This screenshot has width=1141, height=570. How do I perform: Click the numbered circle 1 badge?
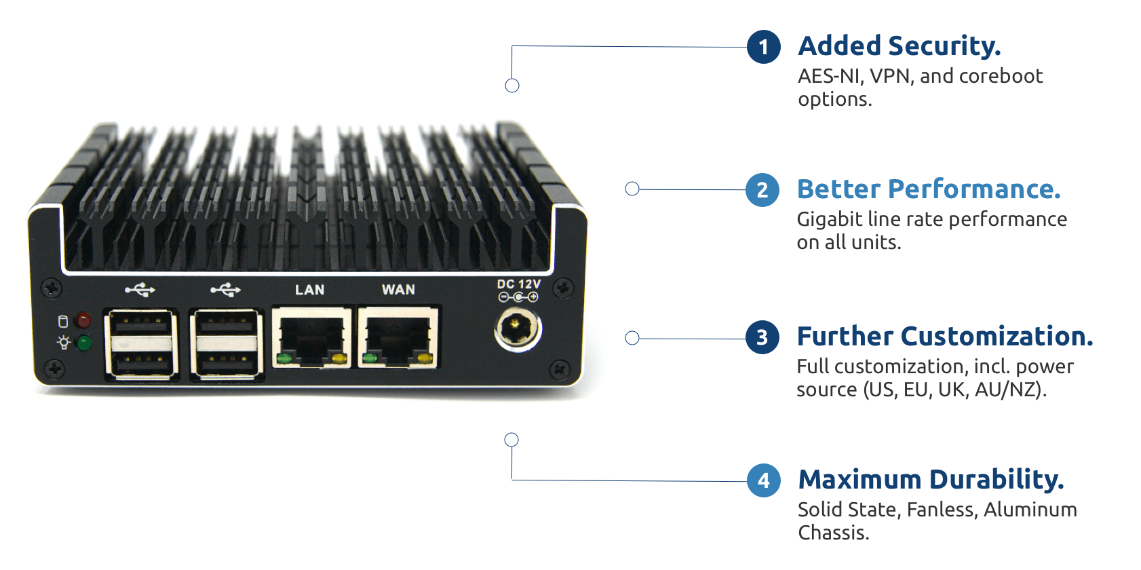pos(764,47)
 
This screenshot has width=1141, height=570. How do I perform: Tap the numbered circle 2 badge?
pos(762,190)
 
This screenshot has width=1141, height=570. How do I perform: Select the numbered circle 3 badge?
pos(762,337)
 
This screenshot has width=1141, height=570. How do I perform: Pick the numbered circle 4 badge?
pos(764,480)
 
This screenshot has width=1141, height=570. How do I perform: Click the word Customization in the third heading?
pos(997,337)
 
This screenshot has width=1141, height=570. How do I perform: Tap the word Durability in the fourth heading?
pos(997,480)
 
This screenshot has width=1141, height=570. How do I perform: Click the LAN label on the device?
pos(309,290)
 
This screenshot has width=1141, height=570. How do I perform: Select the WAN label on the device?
pos(398,290)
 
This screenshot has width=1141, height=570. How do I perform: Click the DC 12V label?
pos(519,284)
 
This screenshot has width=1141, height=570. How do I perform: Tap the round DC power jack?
pos(518,330)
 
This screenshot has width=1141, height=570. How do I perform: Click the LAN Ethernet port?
pos(311,337)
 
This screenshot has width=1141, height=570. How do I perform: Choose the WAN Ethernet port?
pos(398,337)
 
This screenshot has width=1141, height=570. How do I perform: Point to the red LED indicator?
pos(83,320)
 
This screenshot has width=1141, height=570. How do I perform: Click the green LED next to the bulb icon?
pos(84,343)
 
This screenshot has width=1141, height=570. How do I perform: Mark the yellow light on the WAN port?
pos(425,358)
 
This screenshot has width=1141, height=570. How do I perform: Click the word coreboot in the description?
pos(1001,76)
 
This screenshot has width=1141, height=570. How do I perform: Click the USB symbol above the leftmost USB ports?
pos(140,290)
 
